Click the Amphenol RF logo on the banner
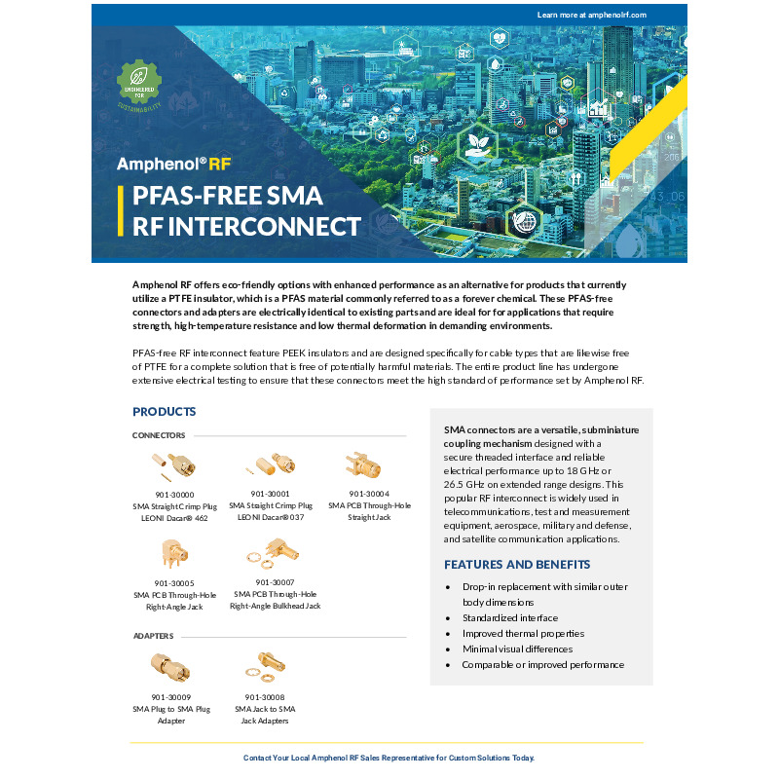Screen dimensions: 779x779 173,164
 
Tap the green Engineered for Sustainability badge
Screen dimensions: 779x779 138,83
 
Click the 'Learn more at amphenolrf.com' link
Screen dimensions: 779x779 591,15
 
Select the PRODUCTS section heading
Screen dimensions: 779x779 165,412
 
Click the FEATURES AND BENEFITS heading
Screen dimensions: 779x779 517,565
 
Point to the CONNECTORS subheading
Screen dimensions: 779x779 159,435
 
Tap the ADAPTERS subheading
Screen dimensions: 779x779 153,636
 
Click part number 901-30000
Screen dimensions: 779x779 174,495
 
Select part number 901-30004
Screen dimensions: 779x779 369,494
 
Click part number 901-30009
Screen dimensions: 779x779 170,697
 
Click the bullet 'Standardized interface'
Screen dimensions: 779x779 509,618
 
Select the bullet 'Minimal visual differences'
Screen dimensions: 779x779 517,649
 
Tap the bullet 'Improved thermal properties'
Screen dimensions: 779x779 523,634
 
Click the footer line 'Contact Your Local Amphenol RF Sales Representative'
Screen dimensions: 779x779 389,758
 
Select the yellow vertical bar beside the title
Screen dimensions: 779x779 121,211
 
